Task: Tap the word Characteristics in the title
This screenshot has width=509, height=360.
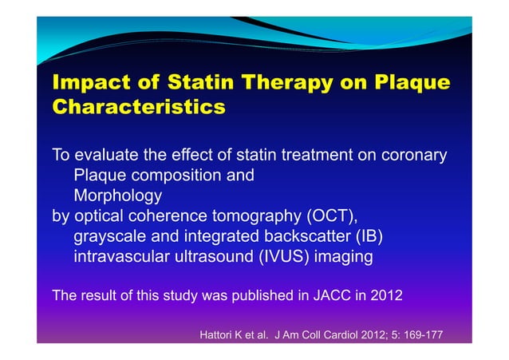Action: pos(138,107)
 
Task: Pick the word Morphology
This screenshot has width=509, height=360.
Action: pos(117,196)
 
